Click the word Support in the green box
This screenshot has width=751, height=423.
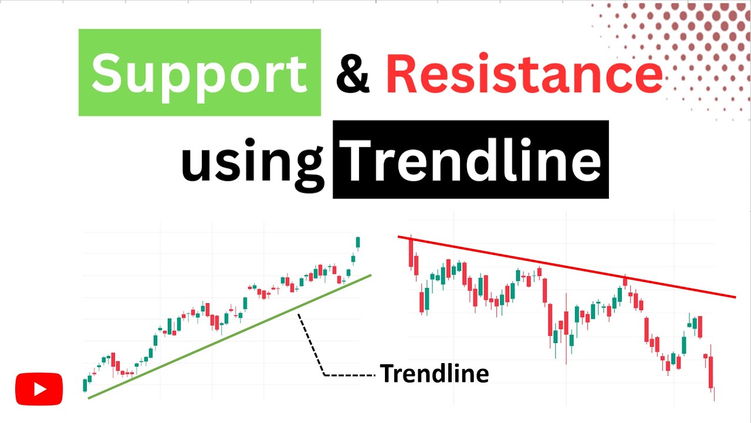199,72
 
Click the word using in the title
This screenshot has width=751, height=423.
252,161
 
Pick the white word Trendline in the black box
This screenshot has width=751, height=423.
471,160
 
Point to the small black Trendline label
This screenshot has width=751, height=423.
434,374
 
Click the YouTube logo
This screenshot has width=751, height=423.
39,389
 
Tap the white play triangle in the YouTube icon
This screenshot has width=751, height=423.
40,389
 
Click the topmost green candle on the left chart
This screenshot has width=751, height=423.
358,242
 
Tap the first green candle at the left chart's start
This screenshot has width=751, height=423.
85,385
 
